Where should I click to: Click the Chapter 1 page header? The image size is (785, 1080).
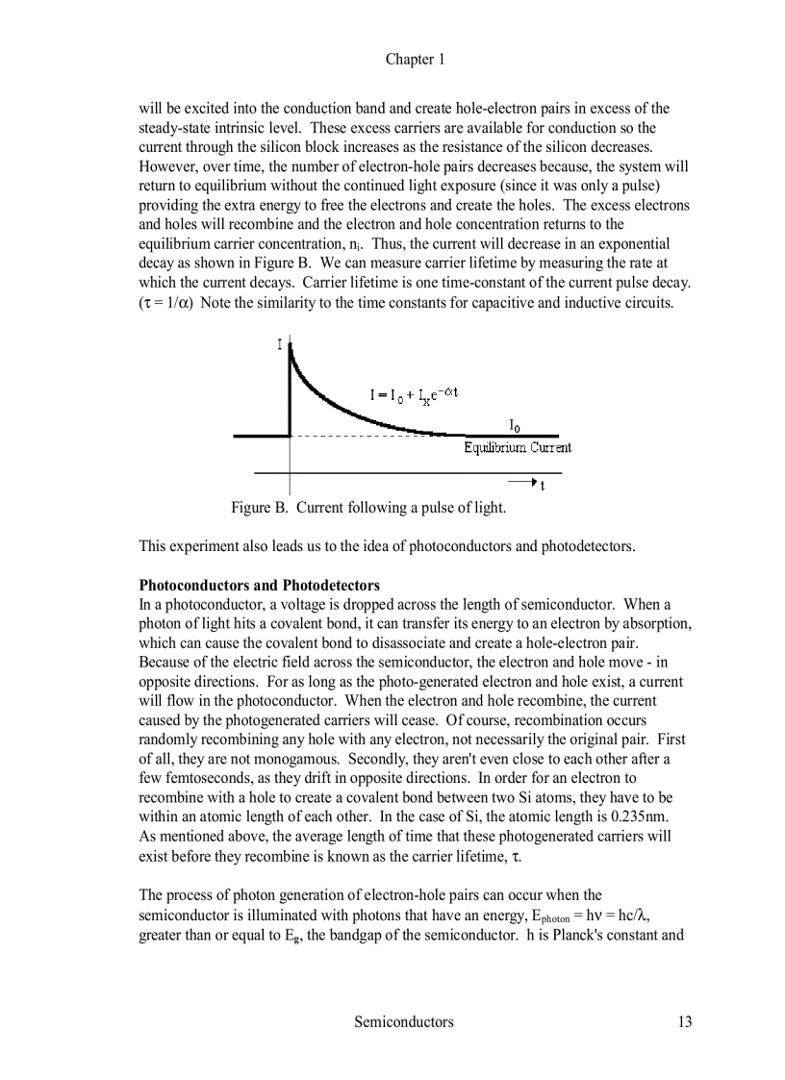(415, 60)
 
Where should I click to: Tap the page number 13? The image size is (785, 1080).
(683, 1022)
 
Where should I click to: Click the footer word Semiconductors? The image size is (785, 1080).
(403, 1022)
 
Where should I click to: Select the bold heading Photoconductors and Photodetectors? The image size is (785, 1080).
(260, 586)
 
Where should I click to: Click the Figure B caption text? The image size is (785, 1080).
(367, 507)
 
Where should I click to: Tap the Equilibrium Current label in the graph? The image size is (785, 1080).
(518, 447)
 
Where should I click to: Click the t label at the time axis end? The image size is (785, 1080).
(543, 487)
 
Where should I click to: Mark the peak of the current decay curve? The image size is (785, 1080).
(291, 344)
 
